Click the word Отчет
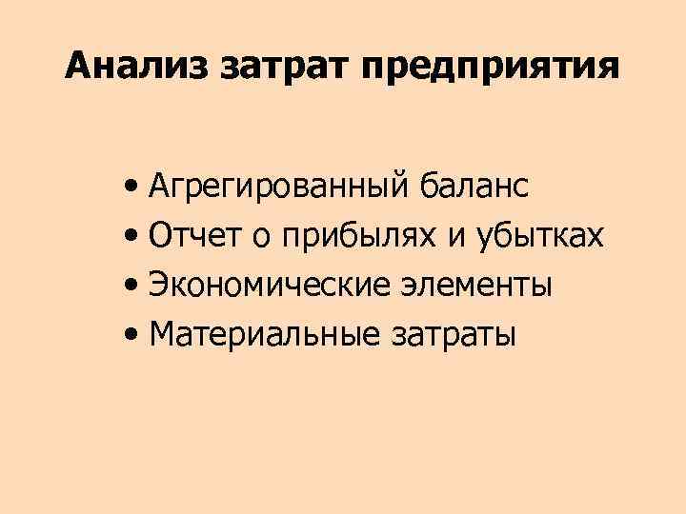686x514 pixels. pyautogui.click(x=195, y=236)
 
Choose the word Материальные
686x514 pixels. pyautogui.click(x=262, y=334)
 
